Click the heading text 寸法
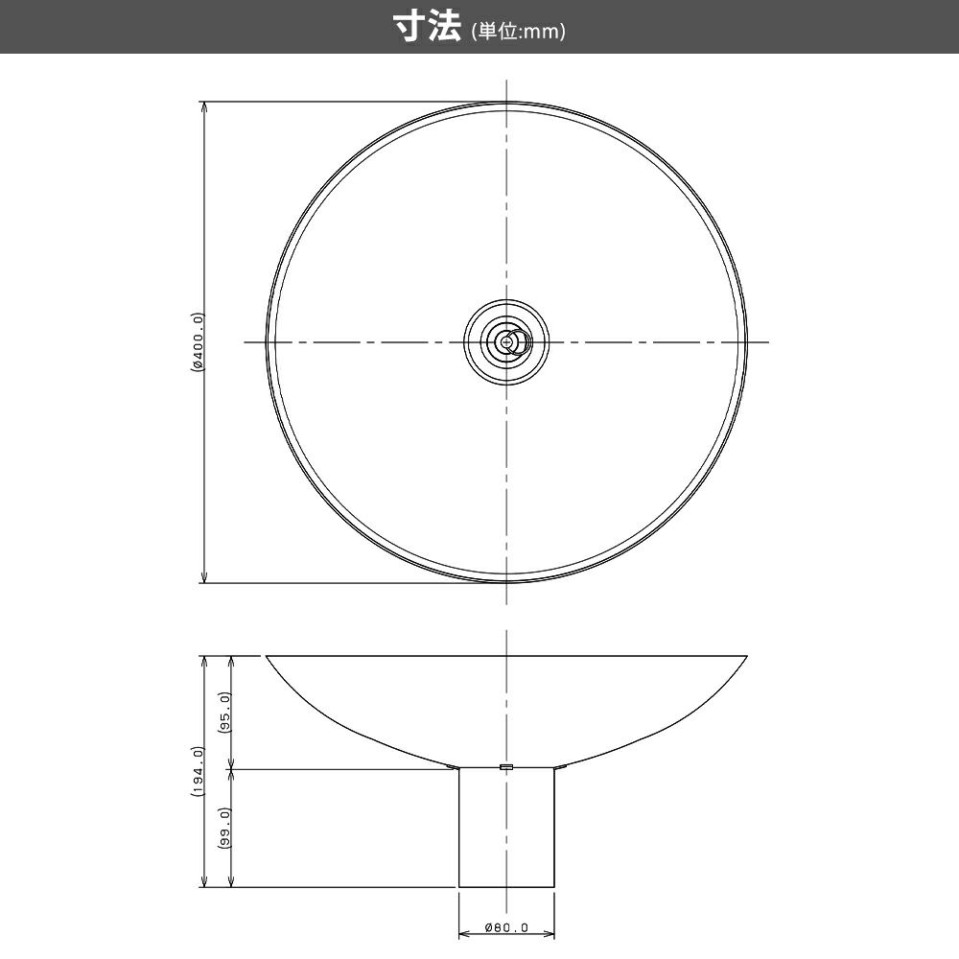427,28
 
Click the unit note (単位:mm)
519,32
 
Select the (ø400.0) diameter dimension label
197,342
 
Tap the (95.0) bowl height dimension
225,713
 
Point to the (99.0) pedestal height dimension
225,828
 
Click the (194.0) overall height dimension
197,771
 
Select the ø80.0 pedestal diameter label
506,927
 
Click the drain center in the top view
505,342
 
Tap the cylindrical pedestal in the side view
506,827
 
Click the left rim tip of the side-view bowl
266,656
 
